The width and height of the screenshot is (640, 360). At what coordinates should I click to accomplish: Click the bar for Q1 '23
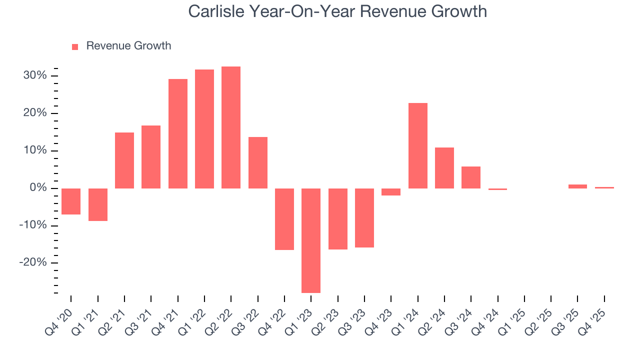311,240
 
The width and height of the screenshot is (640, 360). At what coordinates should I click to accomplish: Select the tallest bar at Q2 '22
231,127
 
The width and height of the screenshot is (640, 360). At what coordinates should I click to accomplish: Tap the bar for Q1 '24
417,145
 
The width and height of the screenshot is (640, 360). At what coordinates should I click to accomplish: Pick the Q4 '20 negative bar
71,201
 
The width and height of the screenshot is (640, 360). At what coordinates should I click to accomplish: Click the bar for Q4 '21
177,133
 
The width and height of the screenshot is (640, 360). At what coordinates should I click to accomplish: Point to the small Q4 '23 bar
391,192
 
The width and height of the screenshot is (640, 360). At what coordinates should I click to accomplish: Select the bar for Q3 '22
257,162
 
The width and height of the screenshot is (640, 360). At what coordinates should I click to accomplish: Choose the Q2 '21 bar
124,160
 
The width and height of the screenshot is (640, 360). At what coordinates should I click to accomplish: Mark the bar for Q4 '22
284,219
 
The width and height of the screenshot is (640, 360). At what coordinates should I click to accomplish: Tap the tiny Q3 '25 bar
577,186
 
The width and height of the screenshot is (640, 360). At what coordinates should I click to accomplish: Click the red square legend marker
75,47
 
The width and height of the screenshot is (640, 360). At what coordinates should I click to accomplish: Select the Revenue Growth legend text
128,46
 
